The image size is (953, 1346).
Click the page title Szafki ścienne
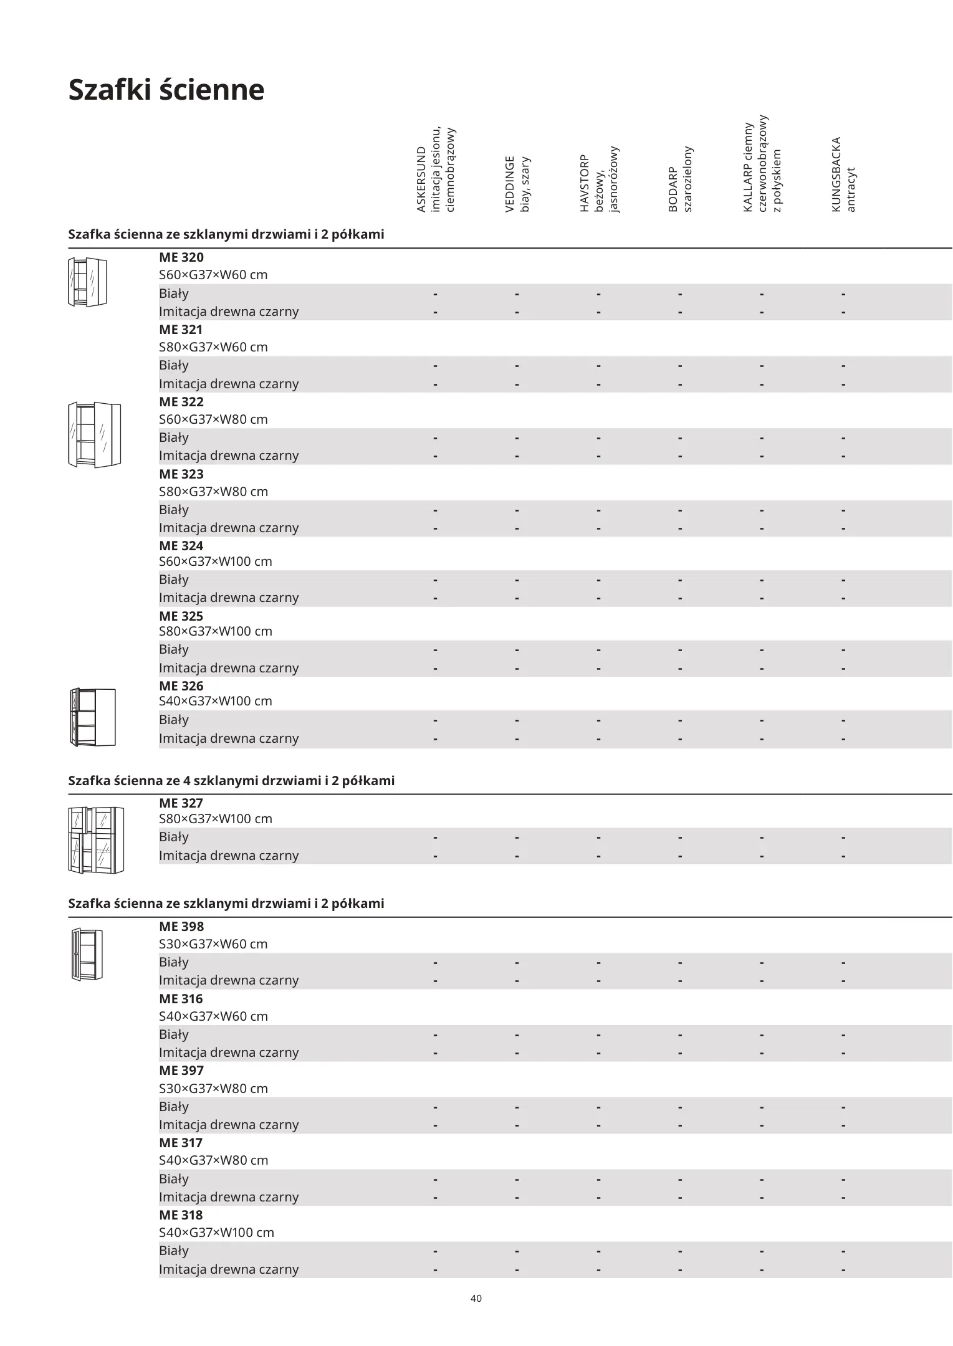click(166, 90)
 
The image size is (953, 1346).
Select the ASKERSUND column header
click(436, 170)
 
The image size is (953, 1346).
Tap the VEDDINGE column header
click(517, 184)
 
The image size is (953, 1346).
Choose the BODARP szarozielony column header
click(680, 180)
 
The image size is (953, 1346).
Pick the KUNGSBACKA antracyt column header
click(843, 175)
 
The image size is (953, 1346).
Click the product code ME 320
click(181, 257)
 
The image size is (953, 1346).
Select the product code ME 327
click(181, 803)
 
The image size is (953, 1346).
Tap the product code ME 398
click(181, 927)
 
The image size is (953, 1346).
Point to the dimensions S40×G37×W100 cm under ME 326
click(215, 701)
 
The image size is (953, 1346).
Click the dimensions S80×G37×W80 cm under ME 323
click(213, 492)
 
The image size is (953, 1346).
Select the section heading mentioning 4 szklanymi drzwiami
click(231, 781)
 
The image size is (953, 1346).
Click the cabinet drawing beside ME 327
click(96, 840)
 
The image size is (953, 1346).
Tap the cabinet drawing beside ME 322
click(94, 434)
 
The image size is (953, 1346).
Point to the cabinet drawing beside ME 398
click(87, 954)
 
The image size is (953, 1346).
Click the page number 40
click(476, 1299)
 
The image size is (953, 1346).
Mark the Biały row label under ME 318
click(173, 1251)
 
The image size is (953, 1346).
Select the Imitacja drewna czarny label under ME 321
click(229, 384)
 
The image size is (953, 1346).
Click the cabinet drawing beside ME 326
click(93, 717)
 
